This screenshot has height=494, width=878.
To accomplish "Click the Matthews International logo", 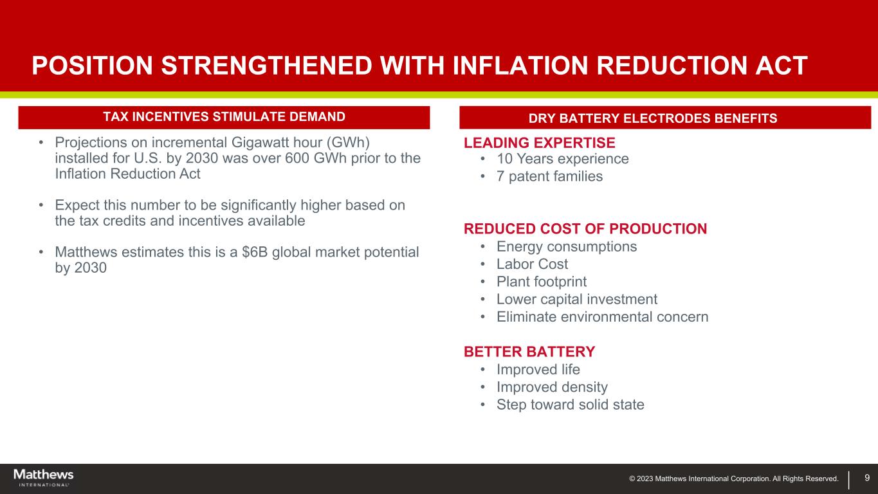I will pyautogui.click(x=43, y=477).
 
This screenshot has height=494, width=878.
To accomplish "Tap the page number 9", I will pyautogui.click(x=867, y=477).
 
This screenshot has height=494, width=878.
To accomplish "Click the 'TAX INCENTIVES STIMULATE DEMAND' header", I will pyautogui.click(x=224, y=116).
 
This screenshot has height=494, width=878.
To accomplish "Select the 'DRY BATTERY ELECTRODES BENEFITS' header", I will pyautogui.click(x=665, y=118).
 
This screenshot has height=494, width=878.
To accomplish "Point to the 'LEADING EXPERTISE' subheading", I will pyautogui.click(x=540, y=143).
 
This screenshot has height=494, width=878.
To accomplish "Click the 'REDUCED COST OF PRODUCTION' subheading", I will pyautogui.click(x=585, y=229).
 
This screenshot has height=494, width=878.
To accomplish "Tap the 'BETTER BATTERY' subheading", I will pyautogui.click(x=529, y=352).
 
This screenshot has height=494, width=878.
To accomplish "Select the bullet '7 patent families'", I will pyautogui.click(x=549, y=176).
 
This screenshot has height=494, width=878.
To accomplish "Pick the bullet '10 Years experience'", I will pyautogui.click(x=562, y=159).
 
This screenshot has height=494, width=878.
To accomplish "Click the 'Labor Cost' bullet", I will pyautogui.click(x=532, y=264).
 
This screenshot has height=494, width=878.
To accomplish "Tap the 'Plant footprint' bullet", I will pyautogui.click(x=541, y=282).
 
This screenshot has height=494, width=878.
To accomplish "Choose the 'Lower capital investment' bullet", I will pyautogui.click(x=576, y=299).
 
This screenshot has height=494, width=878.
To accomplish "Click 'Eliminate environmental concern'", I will pyautogui.click(x=602, y=317).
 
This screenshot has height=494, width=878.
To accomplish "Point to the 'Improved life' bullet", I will pyautogui.click(x=538, y=370).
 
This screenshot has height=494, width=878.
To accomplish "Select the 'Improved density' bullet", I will pyautogui.click(x=552, y=387).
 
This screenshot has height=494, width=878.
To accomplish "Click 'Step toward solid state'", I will pyautogui.click(x=570, y=405).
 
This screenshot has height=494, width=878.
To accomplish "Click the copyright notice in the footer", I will pyautogui.click(x=734, y=479).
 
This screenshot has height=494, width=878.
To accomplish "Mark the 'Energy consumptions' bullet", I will pyautogui.click(x=567, y=246).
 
